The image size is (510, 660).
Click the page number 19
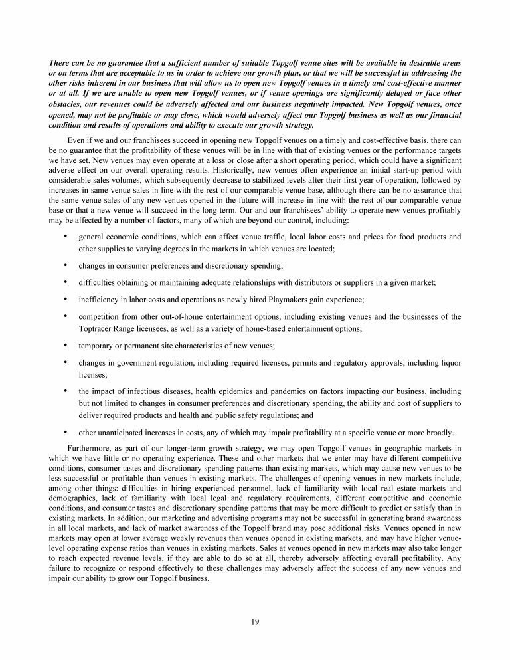255,621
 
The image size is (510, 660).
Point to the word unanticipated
124,431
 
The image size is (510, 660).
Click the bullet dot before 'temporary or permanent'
65,346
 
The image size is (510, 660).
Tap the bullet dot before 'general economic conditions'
65,237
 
